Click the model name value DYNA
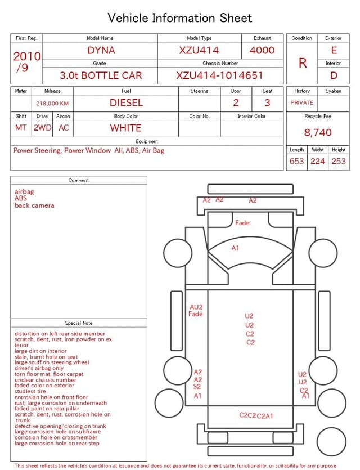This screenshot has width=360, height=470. click(x=101, y=50)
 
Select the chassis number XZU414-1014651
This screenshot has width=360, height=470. click(x=219, y=75)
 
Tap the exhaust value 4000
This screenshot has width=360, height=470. click(x=262, y=50)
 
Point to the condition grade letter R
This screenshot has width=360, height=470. click(x=303, y=63)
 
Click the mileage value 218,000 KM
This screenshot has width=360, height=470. click(x=52, y=104)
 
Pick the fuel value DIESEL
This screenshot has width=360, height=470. click(x=127, y=103)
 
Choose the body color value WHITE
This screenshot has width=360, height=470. click(x=125, y=128)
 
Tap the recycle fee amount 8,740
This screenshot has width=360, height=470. click(x=318, y=132)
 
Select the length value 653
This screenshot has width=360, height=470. click(x=296, y=161)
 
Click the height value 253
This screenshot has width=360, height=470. click(x=339, y=161)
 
